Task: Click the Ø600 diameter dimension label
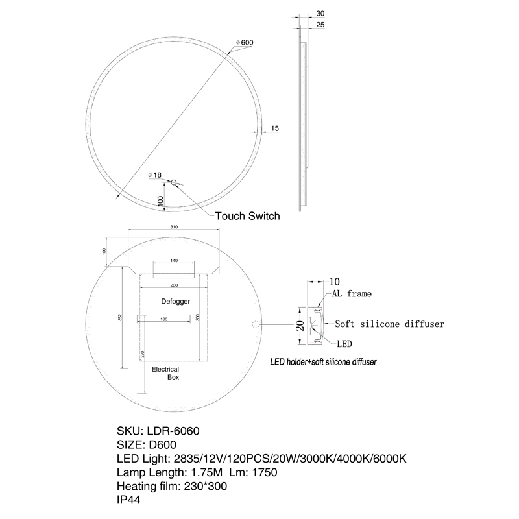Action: (245, 43)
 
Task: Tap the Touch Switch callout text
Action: (247, 216)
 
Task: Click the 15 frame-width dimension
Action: (274, 128)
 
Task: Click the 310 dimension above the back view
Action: (174, 228)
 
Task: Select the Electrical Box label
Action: (165, 372)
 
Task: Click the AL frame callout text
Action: (352, 294)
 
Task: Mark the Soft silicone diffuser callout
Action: (389, 323)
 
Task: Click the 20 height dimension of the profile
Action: (300, 324)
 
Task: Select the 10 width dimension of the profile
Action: (335, 282)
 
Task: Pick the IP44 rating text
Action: (128, 500)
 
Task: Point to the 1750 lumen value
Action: (264, 472)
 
